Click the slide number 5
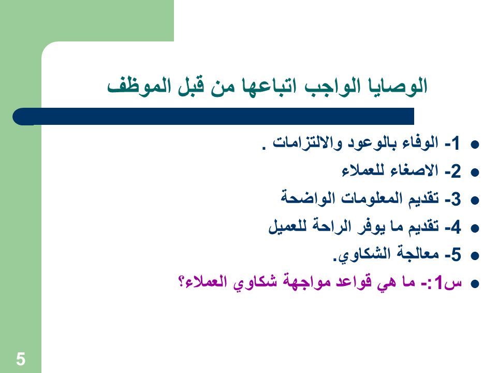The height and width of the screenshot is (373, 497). point(21,359)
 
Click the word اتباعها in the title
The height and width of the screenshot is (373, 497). point(269,87)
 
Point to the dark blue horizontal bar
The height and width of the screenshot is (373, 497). point(213,117)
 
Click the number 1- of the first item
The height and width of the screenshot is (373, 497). point(452,144)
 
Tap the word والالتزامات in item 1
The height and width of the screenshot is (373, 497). point(308,144)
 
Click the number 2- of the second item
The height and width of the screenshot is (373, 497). point(452,171)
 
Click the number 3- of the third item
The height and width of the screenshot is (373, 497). point(452,199)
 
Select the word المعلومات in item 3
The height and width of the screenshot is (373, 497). point(367,199)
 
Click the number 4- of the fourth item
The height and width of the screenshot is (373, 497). point(452,227)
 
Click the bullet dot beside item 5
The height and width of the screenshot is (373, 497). point(475,255)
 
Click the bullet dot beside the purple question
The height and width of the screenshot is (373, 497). point(475,283)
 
